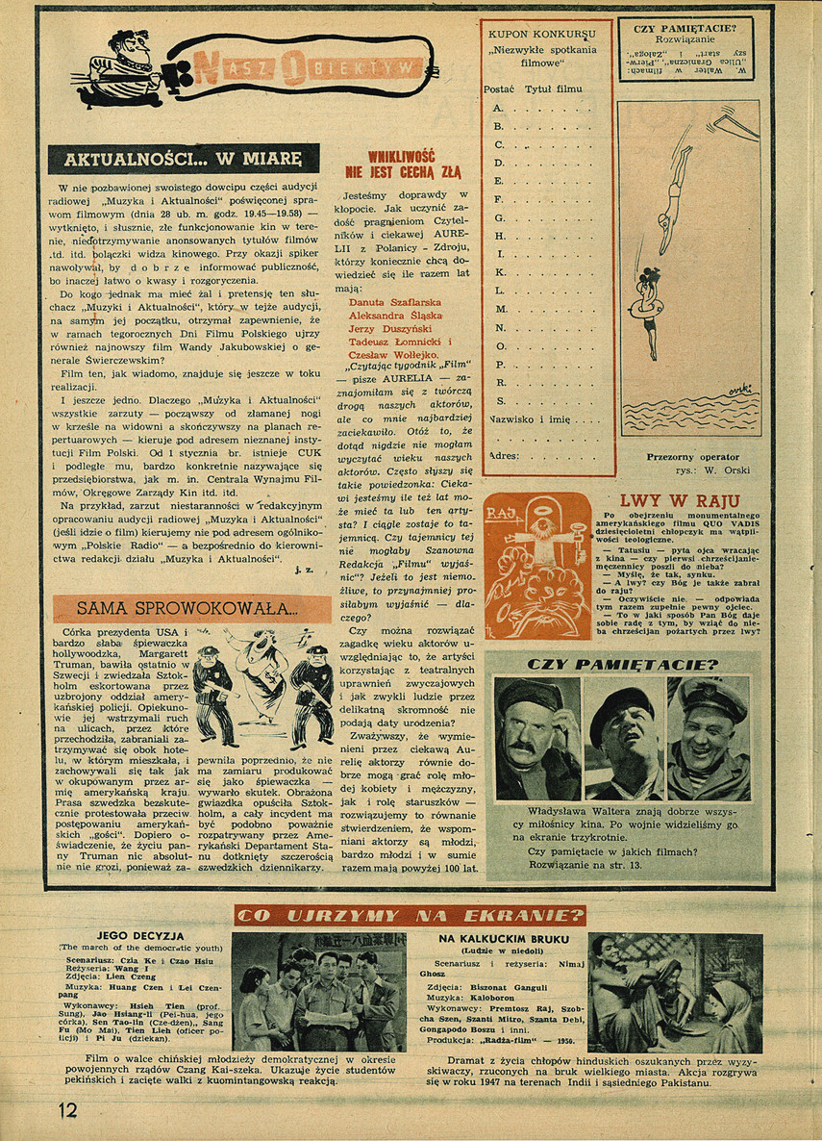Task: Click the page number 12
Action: coord(66,1109)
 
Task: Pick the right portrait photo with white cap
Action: coord(710,738)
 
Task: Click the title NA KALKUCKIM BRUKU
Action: coord(504,938)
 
